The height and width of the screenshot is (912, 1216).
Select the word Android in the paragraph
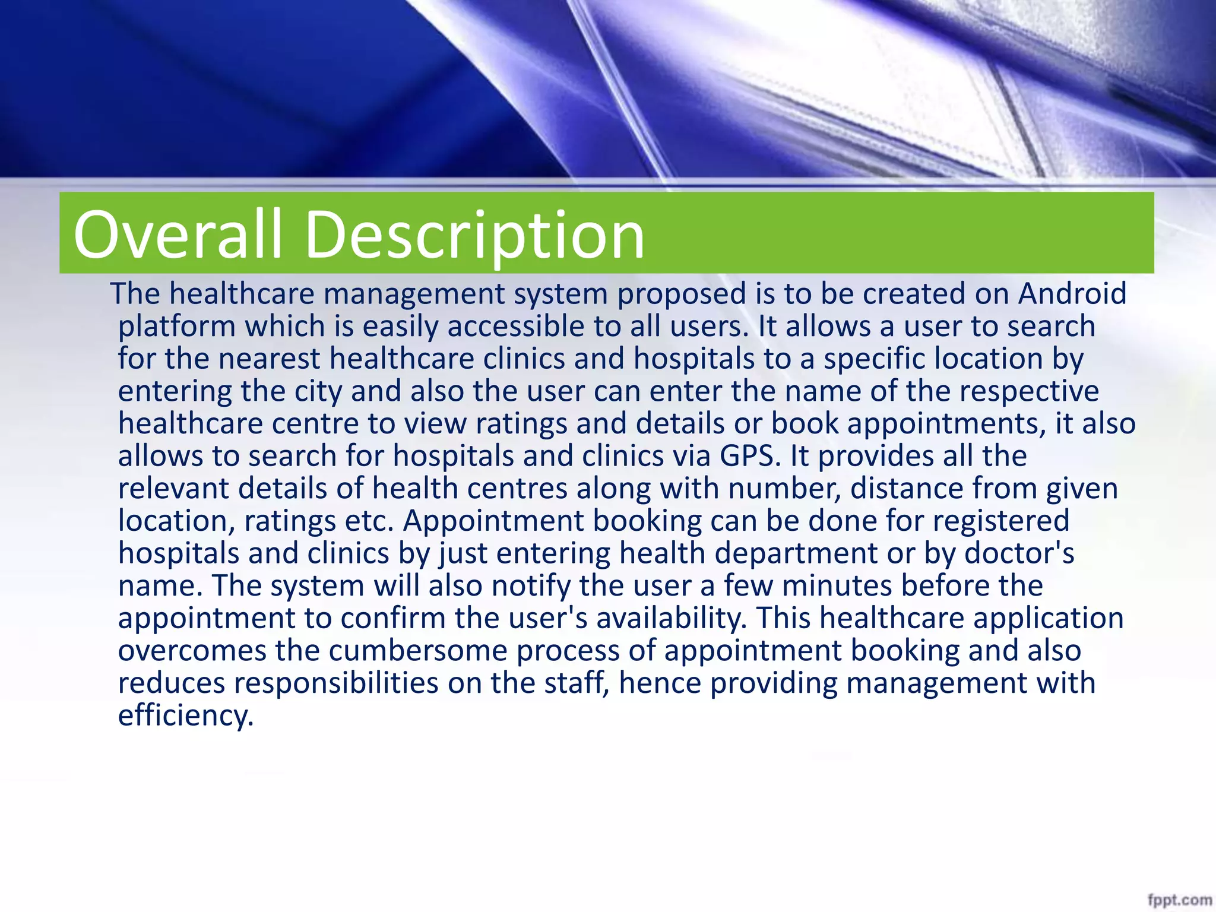coord(1072,293)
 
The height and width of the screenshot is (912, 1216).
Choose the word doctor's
coord(1019,553)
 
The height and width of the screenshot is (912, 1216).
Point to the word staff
coord(577,683)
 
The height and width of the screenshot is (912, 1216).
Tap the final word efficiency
coord(186,715)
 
